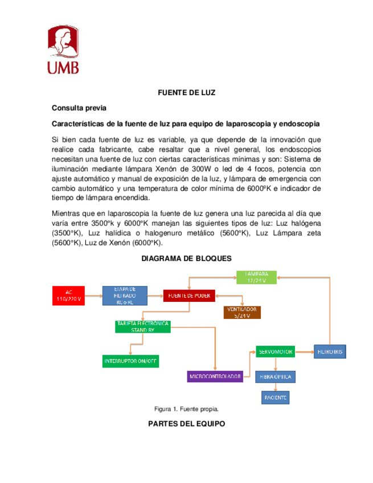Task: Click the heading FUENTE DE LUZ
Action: pyautogui.click(x=186, y=93)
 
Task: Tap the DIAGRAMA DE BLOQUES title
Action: pyautogui.click(x=186, y=258)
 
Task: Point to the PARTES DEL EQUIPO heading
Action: pyautogui.click(x=186, y=424)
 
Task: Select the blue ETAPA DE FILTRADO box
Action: pyautogui.click(x=125, y=294)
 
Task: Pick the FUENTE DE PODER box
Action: pyautogui.click(x=188, y=295)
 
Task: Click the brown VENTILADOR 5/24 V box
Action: pyautogui.click(x=242, y=312)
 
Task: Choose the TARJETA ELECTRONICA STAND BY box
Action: pyautogui.click(x=142, y=326)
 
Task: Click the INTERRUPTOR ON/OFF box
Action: pyautogui.click(x=130, y=361)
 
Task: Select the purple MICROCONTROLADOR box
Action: pyautogui.click(x=216, y=376)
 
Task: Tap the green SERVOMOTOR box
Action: pyautogui.click(x=276, y=352)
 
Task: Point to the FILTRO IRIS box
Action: pyautogui.click(x=330, y=352)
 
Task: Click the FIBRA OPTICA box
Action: pyautogui.click(x=276, y=376)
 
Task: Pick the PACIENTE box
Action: pyautogui.click(x=275, y=396)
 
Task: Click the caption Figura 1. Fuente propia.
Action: pyautogui.click(x=186, y=409)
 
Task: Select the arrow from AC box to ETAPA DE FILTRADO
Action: pyautogui.click(x=95, y=295)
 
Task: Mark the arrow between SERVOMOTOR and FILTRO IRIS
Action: pyautogui.click(x=305, y=352)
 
